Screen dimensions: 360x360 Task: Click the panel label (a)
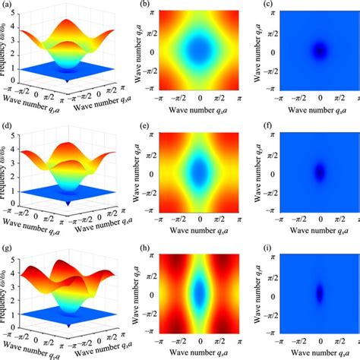(x=5, y=5)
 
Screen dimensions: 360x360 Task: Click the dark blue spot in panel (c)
(x=320, y=52)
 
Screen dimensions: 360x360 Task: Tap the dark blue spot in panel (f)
(x=320, y=172)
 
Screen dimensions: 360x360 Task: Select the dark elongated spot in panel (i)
(x=320, y=292)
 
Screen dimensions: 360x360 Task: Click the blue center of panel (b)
(x=200, y=52)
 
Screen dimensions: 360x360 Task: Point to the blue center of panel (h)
(x=200, y=292)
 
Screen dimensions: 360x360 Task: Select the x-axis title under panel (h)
(x=200, y=354)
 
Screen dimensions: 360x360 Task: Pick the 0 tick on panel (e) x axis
(x=200, y=221)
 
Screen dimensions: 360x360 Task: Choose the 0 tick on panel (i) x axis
(x=320, y=341)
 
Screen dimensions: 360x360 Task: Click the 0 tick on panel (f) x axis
(x=320, y=221)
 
